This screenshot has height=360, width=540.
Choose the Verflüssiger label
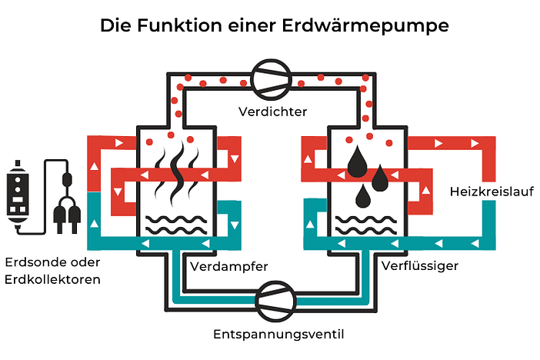click(x=420, y=266)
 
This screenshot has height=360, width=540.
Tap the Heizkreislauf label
click(x=481, y=190)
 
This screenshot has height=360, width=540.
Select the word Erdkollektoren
click(x=52, y=279)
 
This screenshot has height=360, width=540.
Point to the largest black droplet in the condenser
click(x=357, y=161)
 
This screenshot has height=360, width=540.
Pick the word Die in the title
click(x=115, y=25)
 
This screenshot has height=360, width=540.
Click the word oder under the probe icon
click(x=78, y=263)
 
